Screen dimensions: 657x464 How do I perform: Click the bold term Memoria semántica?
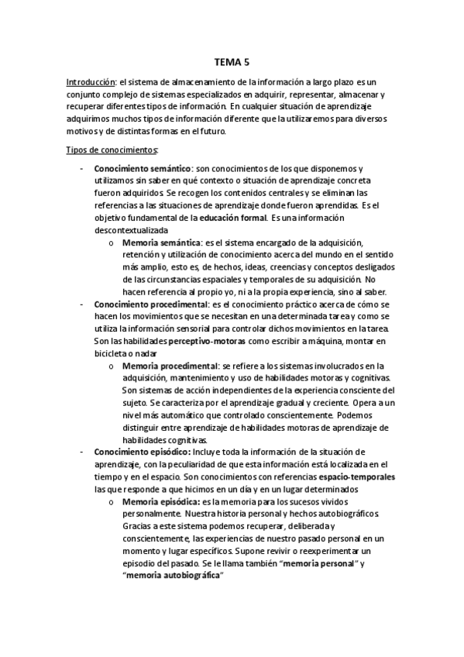click(x=160, y=243)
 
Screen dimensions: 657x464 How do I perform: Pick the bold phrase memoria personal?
click(x=314, y=564)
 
